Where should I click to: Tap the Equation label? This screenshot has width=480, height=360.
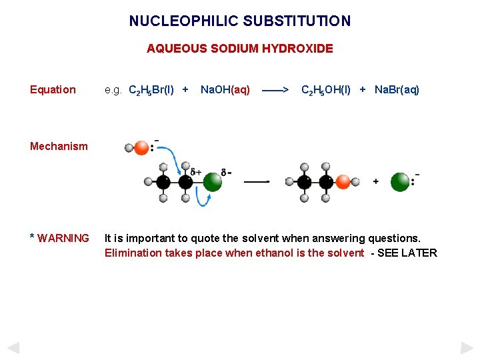pos(53,90)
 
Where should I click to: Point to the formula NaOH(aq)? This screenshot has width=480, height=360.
pos(225,90)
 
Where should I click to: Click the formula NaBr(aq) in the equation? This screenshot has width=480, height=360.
pos(397,90)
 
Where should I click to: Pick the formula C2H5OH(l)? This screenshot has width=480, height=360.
pos(326,90)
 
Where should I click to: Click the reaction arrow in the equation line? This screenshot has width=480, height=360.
pos(275,90)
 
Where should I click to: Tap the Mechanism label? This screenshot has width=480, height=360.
pos(59,147)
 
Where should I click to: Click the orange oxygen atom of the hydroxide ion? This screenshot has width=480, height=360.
pos(141,147)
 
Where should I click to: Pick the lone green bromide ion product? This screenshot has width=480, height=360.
pos(400,181)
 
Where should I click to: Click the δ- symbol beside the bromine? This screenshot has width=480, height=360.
pos(227,172)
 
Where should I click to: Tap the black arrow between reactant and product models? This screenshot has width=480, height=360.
pos(257,181)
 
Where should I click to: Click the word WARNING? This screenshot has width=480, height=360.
pos(63,239)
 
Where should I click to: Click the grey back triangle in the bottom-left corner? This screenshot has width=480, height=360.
pos(13,347)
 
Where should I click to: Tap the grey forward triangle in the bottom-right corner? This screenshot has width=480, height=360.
pos(467,347)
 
